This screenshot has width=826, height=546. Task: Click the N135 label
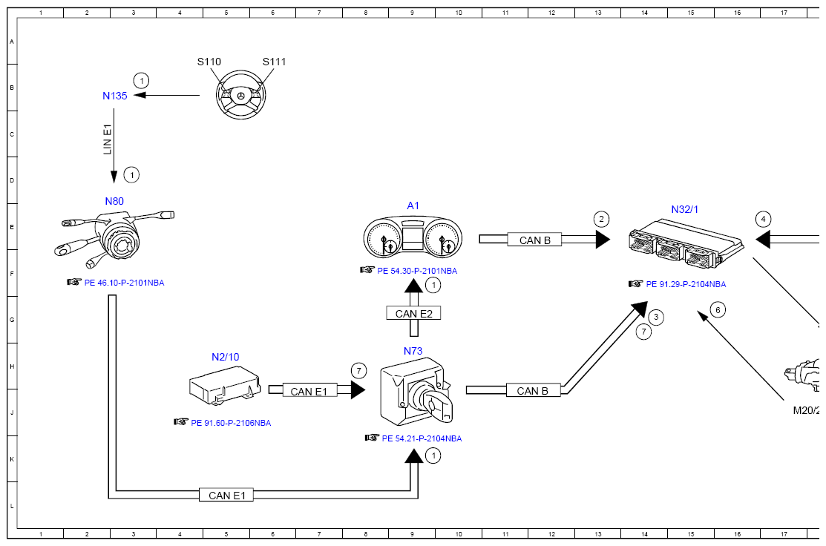(115, 96)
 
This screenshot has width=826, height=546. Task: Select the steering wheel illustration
(240, 96)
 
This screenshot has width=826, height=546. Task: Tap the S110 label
(209, 62)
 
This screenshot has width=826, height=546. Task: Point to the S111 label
(274, 62)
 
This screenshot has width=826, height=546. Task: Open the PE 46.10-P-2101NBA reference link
(124, 283)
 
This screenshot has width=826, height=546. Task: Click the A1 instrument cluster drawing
(413, 240)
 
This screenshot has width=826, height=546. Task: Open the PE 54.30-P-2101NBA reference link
(417, 271)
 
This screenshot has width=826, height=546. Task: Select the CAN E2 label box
(413, 314)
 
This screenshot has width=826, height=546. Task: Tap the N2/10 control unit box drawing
(224, 387)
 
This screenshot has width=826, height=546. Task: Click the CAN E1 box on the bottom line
(226, 495)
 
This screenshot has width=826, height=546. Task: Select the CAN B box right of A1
(535, 240)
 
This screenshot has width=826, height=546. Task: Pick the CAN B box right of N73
(532, 391)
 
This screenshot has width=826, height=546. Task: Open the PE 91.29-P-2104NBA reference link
(686, 284)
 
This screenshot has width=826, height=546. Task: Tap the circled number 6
(717, 309)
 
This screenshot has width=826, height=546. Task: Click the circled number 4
(764, 219)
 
